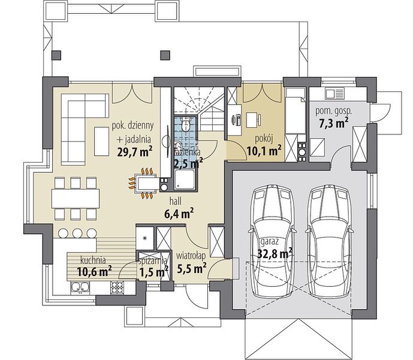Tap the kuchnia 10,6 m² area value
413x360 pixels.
click(94, 271)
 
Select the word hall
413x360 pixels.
click(176, 201)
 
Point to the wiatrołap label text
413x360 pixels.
click(191, 255)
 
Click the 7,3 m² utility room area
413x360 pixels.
click(334, 123)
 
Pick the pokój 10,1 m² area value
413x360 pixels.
click(264, 151)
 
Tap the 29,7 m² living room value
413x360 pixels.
click(135, 152)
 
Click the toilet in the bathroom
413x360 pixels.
click(186, 124)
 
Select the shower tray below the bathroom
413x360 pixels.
click(185, 179)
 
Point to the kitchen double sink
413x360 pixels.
click(80, 288)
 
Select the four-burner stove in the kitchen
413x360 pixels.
click(117, 288)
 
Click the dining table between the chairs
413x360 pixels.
click(76, 199)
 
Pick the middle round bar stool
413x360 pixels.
click(77, 233)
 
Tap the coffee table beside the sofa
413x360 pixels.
click(102, 142)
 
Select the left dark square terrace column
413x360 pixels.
click(56, 55)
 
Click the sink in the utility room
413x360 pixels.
click(334, 93)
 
